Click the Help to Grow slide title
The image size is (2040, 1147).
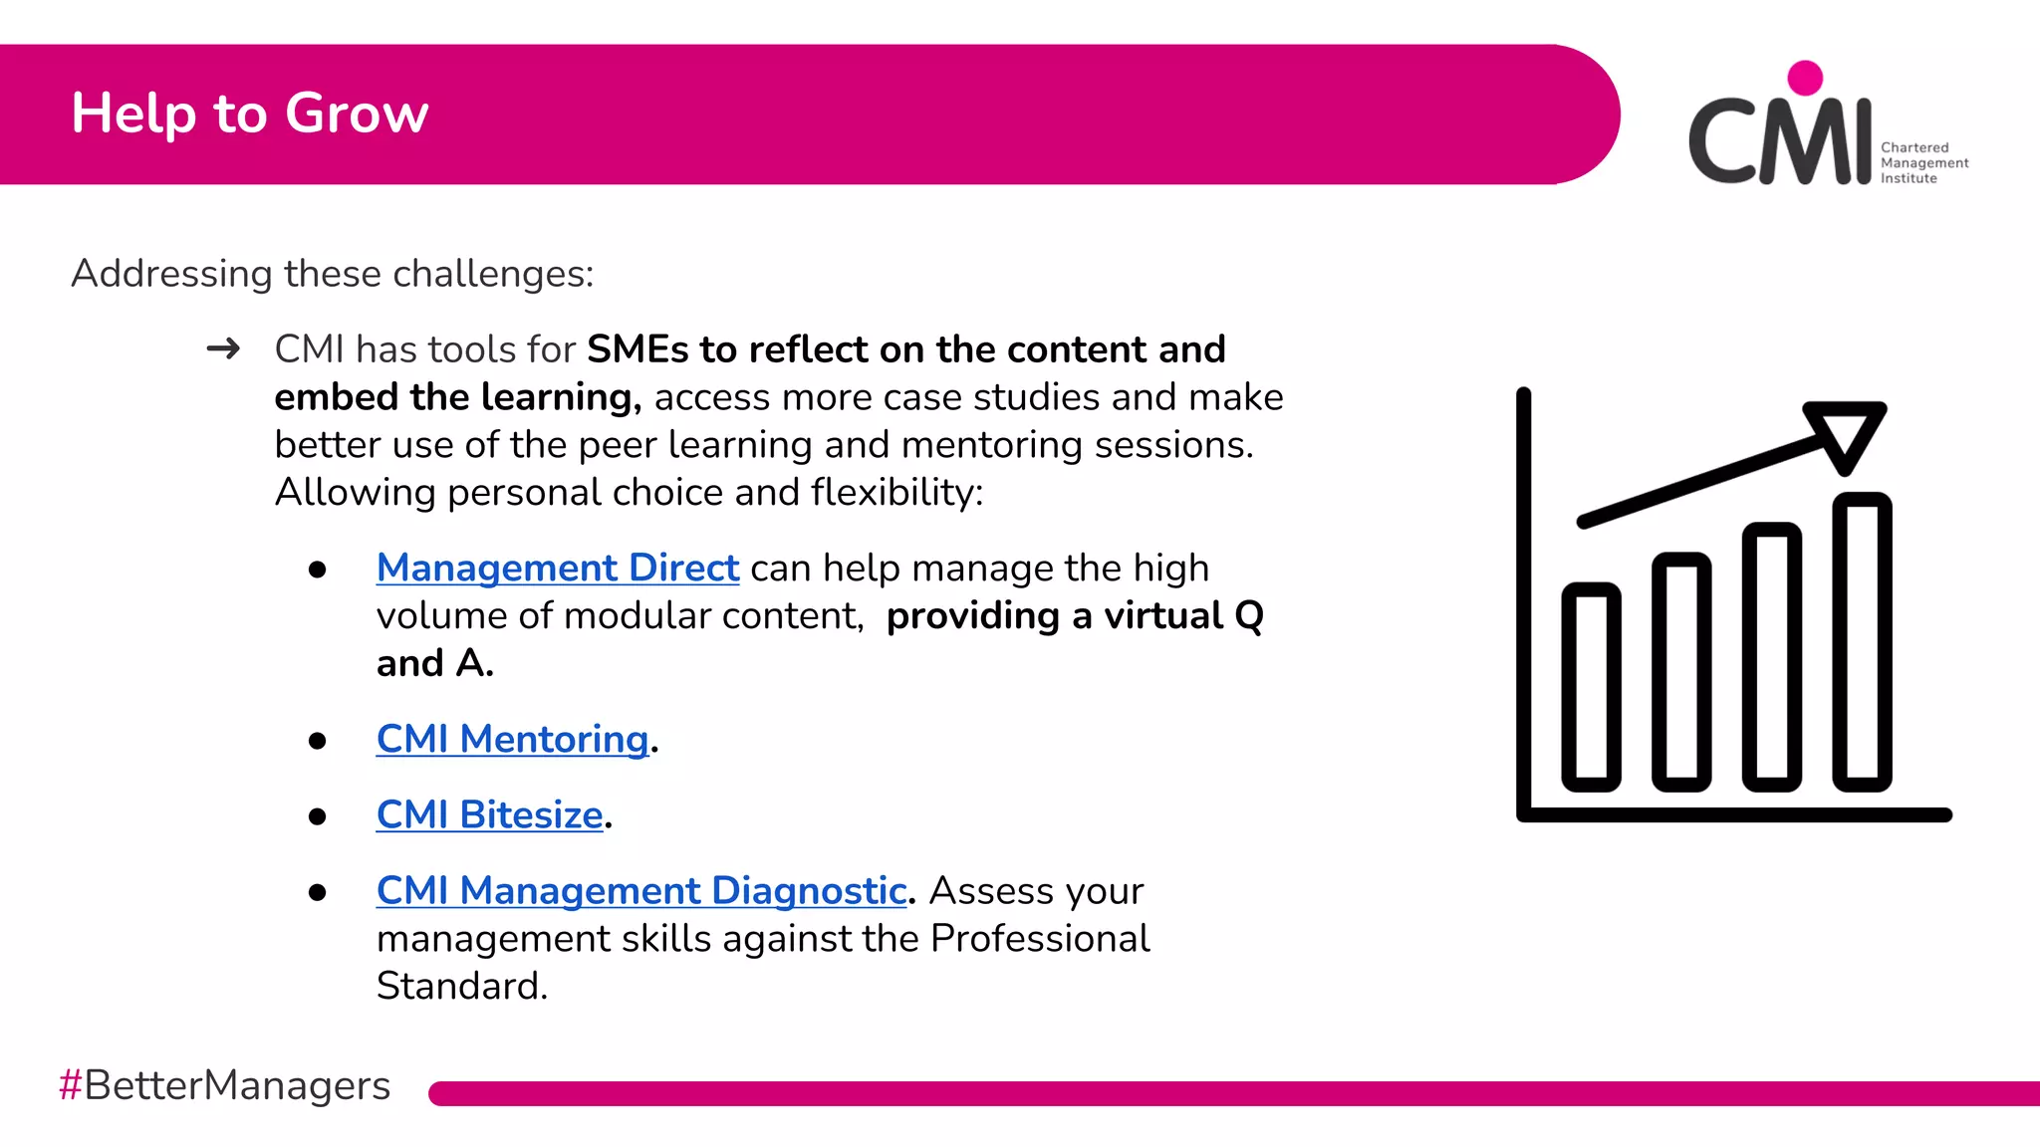pos(250,114)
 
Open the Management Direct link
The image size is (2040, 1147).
pos(557,568)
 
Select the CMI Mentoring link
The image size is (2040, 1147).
pos(512,739)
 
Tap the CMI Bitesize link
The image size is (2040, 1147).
pos(489,814)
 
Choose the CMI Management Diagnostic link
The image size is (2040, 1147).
pos(640,890)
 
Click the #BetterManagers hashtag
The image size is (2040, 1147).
pos(225,1085)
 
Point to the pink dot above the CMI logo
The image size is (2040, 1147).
pos(1805,78)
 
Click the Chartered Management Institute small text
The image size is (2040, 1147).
pos(1922,163)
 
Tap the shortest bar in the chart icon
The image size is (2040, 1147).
pos(1591,687)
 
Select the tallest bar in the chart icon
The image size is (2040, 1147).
pos(1862,642)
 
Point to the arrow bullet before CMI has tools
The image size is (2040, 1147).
pos(223,348)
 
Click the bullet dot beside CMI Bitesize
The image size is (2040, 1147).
pos(318,817)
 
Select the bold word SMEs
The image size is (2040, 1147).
pos(637,349)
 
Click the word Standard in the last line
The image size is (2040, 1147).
pos(461,986)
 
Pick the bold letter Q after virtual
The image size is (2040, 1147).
pos(1248,616)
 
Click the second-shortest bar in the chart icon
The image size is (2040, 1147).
pos(1681,672)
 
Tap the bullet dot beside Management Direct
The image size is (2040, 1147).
pos(318,570)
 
